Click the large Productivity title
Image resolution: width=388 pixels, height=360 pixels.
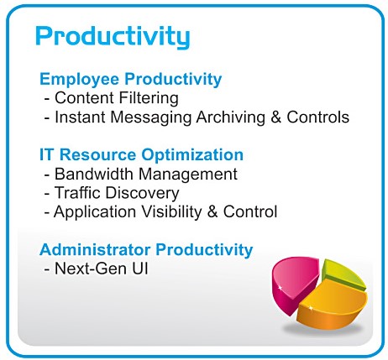(113, 37)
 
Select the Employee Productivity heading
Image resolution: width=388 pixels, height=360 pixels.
(130, 79)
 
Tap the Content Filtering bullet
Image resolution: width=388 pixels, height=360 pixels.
(111, 98)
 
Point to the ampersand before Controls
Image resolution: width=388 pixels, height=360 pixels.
(276, 117)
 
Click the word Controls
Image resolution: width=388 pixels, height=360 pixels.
(318, 117)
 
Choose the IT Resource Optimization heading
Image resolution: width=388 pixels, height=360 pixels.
(141, 155)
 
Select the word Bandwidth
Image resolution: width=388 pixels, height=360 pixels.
(94, 174)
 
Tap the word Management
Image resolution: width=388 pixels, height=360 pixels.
(188, 175)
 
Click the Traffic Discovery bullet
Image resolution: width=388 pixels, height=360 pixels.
(112, 193)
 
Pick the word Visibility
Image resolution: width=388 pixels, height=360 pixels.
(171, 211)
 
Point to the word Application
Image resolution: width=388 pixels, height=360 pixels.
(95, 212)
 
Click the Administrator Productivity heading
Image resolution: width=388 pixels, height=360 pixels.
(146, 249)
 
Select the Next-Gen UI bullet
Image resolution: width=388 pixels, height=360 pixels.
(96, 269)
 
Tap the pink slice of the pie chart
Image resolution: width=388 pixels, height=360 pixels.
(292, 284)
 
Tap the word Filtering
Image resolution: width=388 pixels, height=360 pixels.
(149, 98)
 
